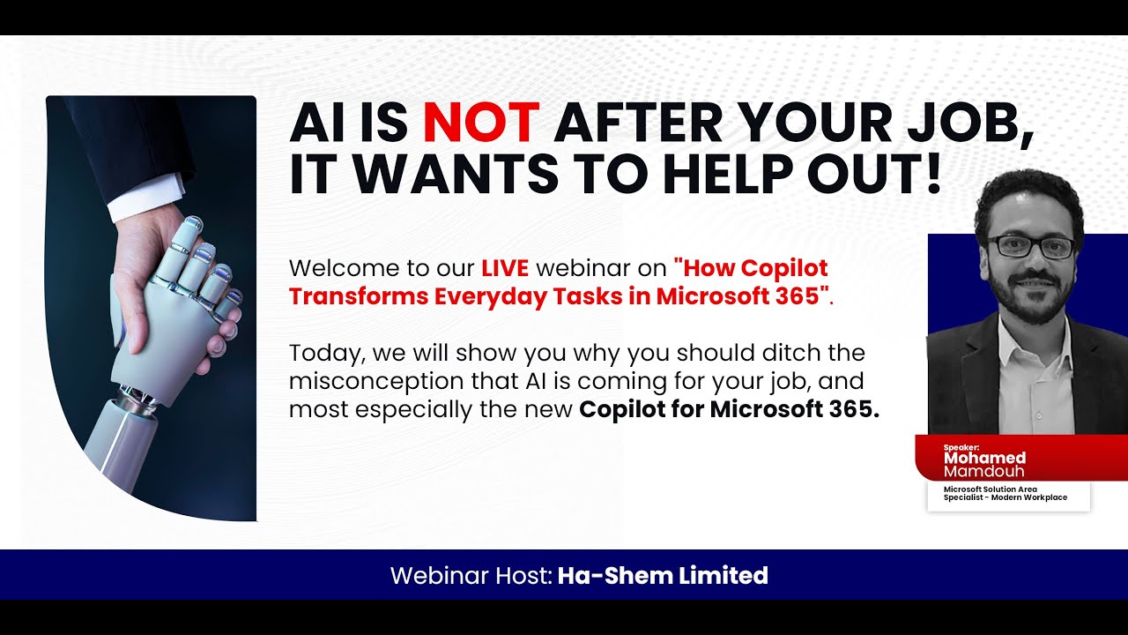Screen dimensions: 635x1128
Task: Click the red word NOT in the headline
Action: [x=480, y=123]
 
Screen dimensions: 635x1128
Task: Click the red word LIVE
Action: [x=505, y=267]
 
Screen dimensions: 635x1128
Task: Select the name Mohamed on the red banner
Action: [x=984, y=458]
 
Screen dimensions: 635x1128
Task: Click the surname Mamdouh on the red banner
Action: [x=984, y=471]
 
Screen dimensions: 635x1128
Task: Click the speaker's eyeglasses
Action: [x=1029, y=246]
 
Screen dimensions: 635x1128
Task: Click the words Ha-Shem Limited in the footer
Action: [x=663, y=576]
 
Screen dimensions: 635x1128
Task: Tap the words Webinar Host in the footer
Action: [x=471, y=576]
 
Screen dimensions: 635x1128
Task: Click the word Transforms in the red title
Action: [x=357, y=295]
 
